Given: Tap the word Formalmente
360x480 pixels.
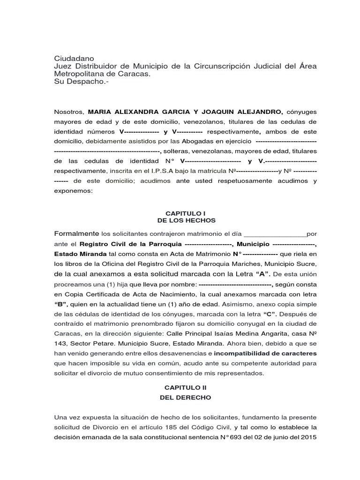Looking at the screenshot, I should pyautogui.click(x=76, y=233).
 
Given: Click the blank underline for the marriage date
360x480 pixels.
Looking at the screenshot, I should pyautogui.click(x=275, y=234).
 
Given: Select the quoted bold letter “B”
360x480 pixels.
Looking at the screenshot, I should pyautogui.click(x=62, y=304).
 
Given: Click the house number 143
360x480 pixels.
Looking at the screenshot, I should pyautogui.click(x=61, y=344).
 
